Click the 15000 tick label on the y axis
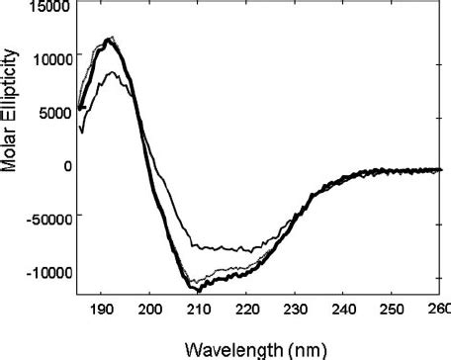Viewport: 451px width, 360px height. (x=46, y=7)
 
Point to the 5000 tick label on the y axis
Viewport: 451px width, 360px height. (x=50, y=113)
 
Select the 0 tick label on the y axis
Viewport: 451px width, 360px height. (x=66, y=166)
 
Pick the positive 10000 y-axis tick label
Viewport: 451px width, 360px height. (x=46, y=59)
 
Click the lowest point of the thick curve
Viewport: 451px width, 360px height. (x=199, y=292)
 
